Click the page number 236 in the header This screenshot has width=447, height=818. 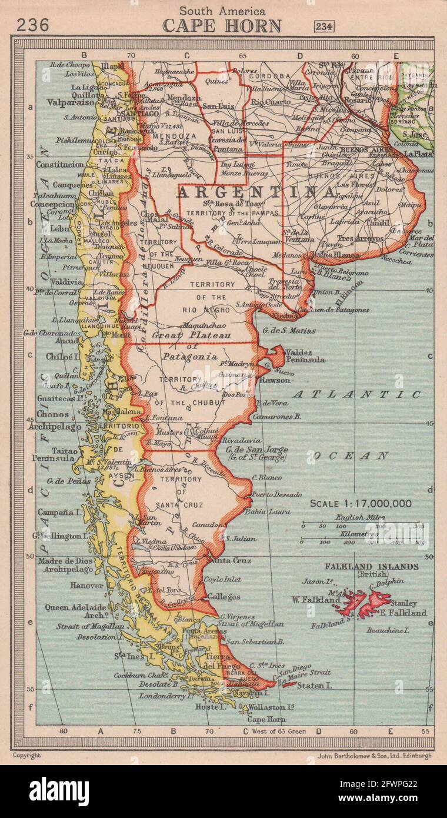point(32,25)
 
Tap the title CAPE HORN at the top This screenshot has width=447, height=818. point(222,26)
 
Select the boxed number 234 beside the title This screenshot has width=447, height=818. point(324,26)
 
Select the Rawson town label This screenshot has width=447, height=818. point(275,380)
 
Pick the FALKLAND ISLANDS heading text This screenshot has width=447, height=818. point(380,567)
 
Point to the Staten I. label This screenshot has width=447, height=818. point(314,686)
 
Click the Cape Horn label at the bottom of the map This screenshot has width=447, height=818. point(265,719)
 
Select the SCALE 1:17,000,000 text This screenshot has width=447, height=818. point(361,504)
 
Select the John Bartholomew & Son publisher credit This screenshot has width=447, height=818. point(373,756)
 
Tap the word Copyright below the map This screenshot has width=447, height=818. point(26,756)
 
